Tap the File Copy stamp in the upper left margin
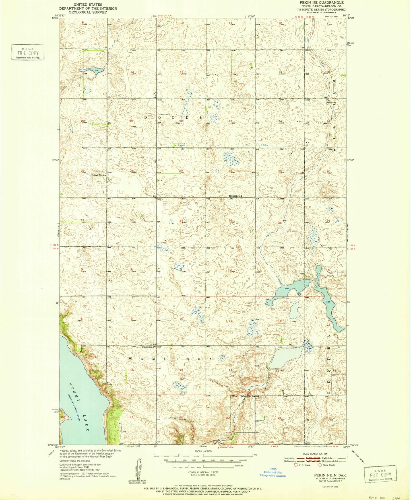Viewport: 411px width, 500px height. tap(28, 53)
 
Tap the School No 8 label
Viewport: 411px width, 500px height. tap(247, 396)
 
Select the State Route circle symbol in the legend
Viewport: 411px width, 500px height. tap(320, 465)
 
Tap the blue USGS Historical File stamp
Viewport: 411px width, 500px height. tap(272, 473)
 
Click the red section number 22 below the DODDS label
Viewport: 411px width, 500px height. tap(181, 121)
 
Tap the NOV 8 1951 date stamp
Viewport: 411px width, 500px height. tap(376, 496)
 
